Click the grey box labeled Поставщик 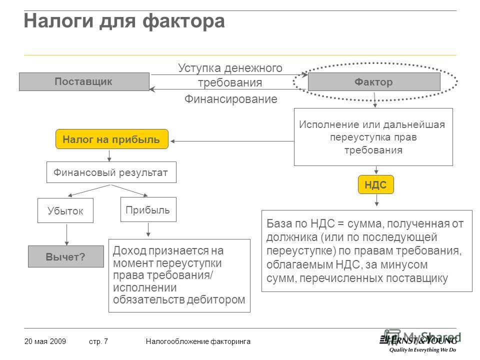(x=84, y=81)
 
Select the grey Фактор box (x=374, y=82)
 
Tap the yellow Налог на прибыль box (x=111, y=139)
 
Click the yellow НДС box (x=375, y=184)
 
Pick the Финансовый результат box (x=111, y=172)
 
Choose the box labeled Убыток (x=65, y=210)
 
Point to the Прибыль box (x=148, y=209)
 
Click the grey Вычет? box (x=66, y=256)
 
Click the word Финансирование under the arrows (x=231, y=99)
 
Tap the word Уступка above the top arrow (x=199, y=68)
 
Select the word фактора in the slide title (x=183, y=21)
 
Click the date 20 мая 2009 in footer (x=45, y=341)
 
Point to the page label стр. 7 (x=98, y=341)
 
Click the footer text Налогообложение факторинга (x=198, y=341)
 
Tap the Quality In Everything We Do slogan (x=422, y=350)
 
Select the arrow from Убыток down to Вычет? (x=66, y=235)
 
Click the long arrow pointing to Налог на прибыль (x=231, y=141)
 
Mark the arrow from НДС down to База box (x=376, y=200)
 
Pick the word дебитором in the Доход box (x=216, y=299)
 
